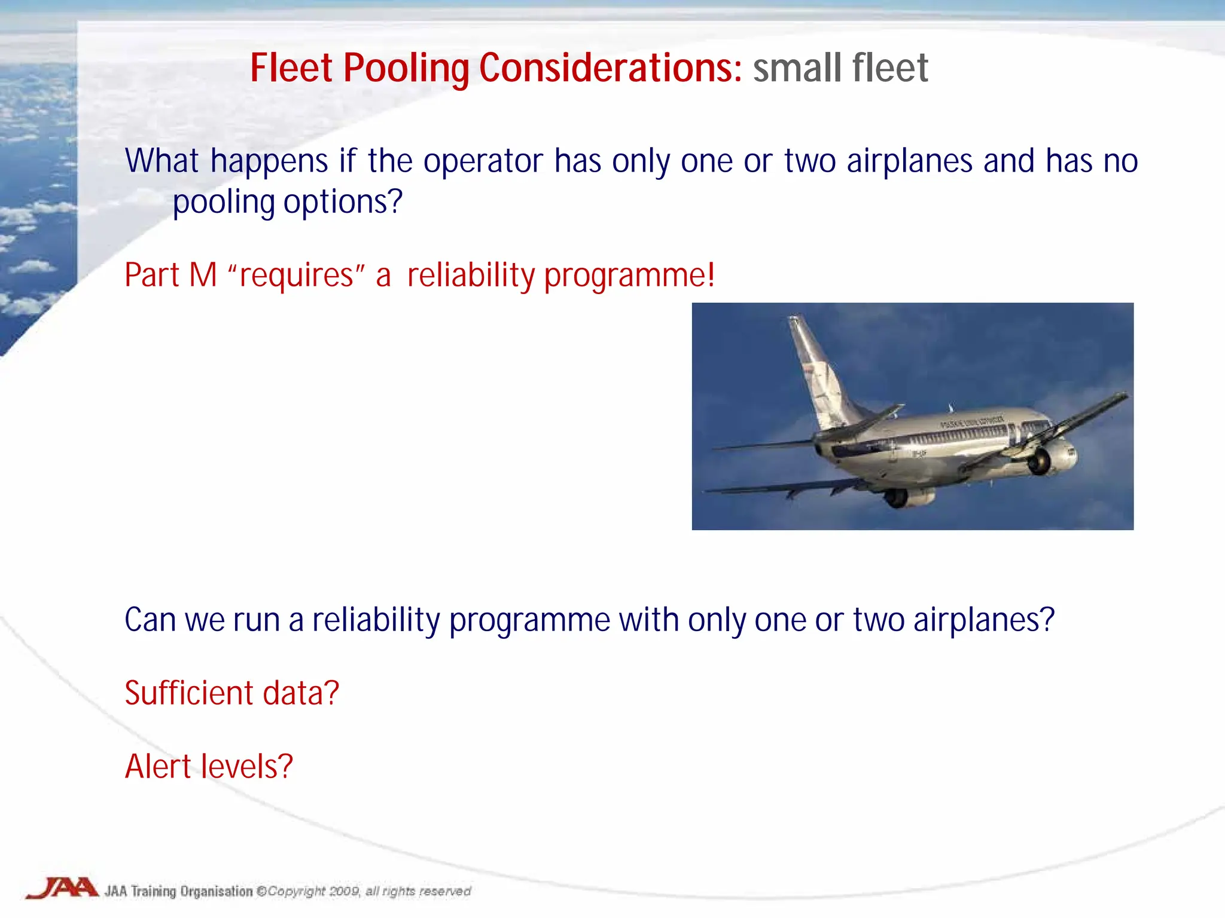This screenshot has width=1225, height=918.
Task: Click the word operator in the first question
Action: [x=483, y=161]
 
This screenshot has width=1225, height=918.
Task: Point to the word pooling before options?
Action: [x=223, y=202]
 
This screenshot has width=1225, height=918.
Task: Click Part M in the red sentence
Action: [x=170, y=276]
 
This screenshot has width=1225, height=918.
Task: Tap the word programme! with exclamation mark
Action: [x=629, y=276]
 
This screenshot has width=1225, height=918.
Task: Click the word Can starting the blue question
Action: [x=150, y=620]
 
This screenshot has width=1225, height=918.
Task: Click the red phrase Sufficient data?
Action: [x=231, y=693]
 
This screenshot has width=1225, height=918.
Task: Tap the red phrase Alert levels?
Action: [x=208, y=767]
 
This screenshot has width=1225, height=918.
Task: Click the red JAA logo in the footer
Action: [x=63, y=888]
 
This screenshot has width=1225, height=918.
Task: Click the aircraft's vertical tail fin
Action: [x=817, y=371]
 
